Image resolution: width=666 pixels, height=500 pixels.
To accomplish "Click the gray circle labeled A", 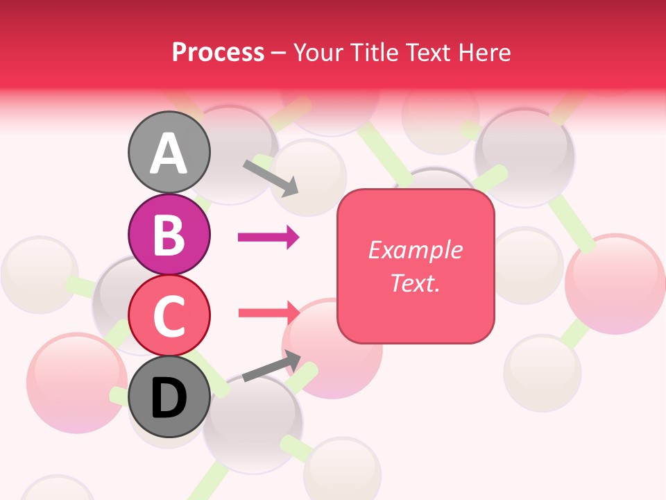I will pyautogui.click(x=169, y=152).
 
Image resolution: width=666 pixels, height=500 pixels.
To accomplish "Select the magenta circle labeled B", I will pyautogui.click(x=169, y=234).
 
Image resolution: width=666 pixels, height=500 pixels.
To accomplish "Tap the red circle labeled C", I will pyautogui.click(x=169, y=315).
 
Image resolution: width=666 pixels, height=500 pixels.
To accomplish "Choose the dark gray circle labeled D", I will pyautogui.click(x=169, y=397).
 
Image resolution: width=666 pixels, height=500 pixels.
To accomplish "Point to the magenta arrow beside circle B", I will pyautogui.click(x=268, y=237).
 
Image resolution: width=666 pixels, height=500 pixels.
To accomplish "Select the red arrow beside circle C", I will pyautogui.click(x=268, y=312).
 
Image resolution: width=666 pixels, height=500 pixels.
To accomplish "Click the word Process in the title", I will pyautogui.click(x=218, y=53).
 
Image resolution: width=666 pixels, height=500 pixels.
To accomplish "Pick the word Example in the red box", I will pyautogui.click(x=415, y=250).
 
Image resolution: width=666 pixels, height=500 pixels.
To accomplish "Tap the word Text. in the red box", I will pyautogui.click(x=415, y=283).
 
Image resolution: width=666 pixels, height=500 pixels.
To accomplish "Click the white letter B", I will pyautogui.click(x=169, y=235).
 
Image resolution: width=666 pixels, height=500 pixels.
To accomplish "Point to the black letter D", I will pyautogui.click(x=169, y=398).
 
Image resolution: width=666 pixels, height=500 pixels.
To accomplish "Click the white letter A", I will pyautogui.click(x=169, y=153).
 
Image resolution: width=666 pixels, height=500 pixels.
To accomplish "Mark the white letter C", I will pyautogui.click(x=169, y=316).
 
